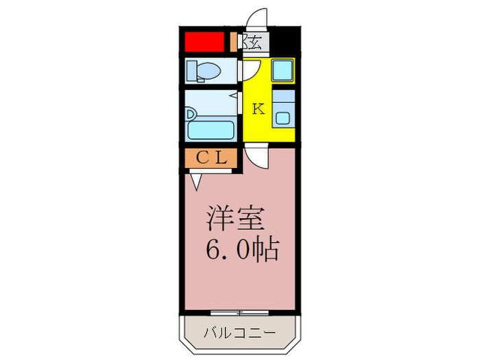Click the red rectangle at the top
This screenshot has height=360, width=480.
tap(204, 42)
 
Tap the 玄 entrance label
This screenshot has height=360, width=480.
tap(254, 43)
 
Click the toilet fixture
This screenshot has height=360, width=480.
tap(206, 71)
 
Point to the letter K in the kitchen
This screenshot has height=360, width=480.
tap(258, 108)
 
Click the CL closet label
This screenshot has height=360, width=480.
tap(211, 157)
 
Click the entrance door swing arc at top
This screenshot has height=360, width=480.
tap(257, 19)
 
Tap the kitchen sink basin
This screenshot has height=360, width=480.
tap(283, 117)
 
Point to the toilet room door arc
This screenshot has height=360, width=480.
tap(249, 71)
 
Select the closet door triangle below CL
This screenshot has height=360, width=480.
tap(197, 180)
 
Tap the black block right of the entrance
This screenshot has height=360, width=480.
tap(286, 42)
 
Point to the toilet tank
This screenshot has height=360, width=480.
tap(191, 70)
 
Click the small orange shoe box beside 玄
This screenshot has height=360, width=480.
tap(235, 43)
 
